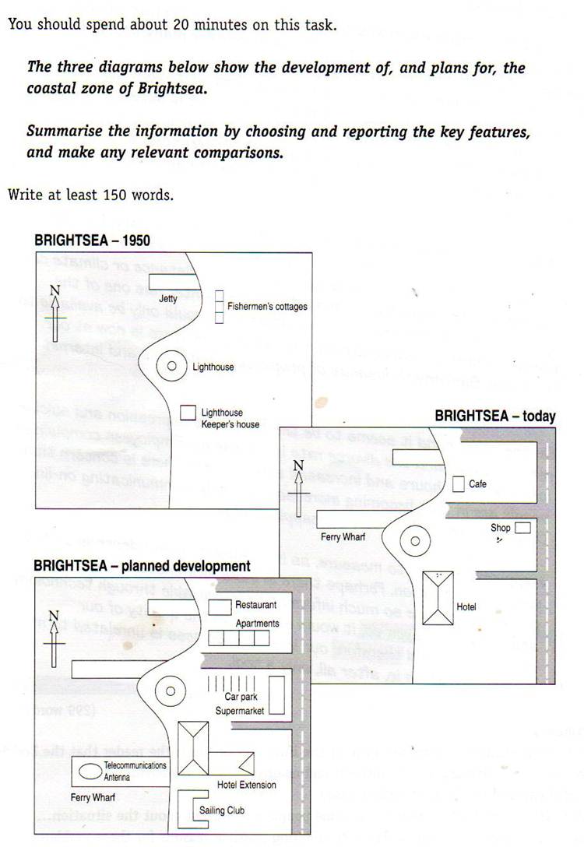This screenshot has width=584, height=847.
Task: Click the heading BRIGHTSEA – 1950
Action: [x=92, y=241]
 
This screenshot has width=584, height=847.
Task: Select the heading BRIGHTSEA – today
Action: [x=495, y=416]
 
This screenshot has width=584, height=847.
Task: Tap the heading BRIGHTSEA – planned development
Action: [x=142, y=566]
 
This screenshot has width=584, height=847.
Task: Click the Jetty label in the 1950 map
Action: [x=168, y=298]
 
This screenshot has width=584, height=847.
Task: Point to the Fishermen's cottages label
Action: [x=267, y=307]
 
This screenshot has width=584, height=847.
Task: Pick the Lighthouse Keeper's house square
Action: [x=188, y=413]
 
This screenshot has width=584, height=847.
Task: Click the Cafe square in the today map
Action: [x=459, y=483]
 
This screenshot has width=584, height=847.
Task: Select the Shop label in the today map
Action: [x=501, y=528]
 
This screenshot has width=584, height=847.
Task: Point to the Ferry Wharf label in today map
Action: [x=343, y=537]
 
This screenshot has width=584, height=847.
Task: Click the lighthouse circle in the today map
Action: [x=415, y=541]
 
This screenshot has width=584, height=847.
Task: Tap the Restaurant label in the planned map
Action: [x=256, y=605]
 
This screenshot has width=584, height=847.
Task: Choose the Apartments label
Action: [x=257, y=624]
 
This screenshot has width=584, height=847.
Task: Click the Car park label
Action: [x=241, y=697]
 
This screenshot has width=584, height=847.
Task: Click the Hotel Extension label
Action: [x=246, y=785]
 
